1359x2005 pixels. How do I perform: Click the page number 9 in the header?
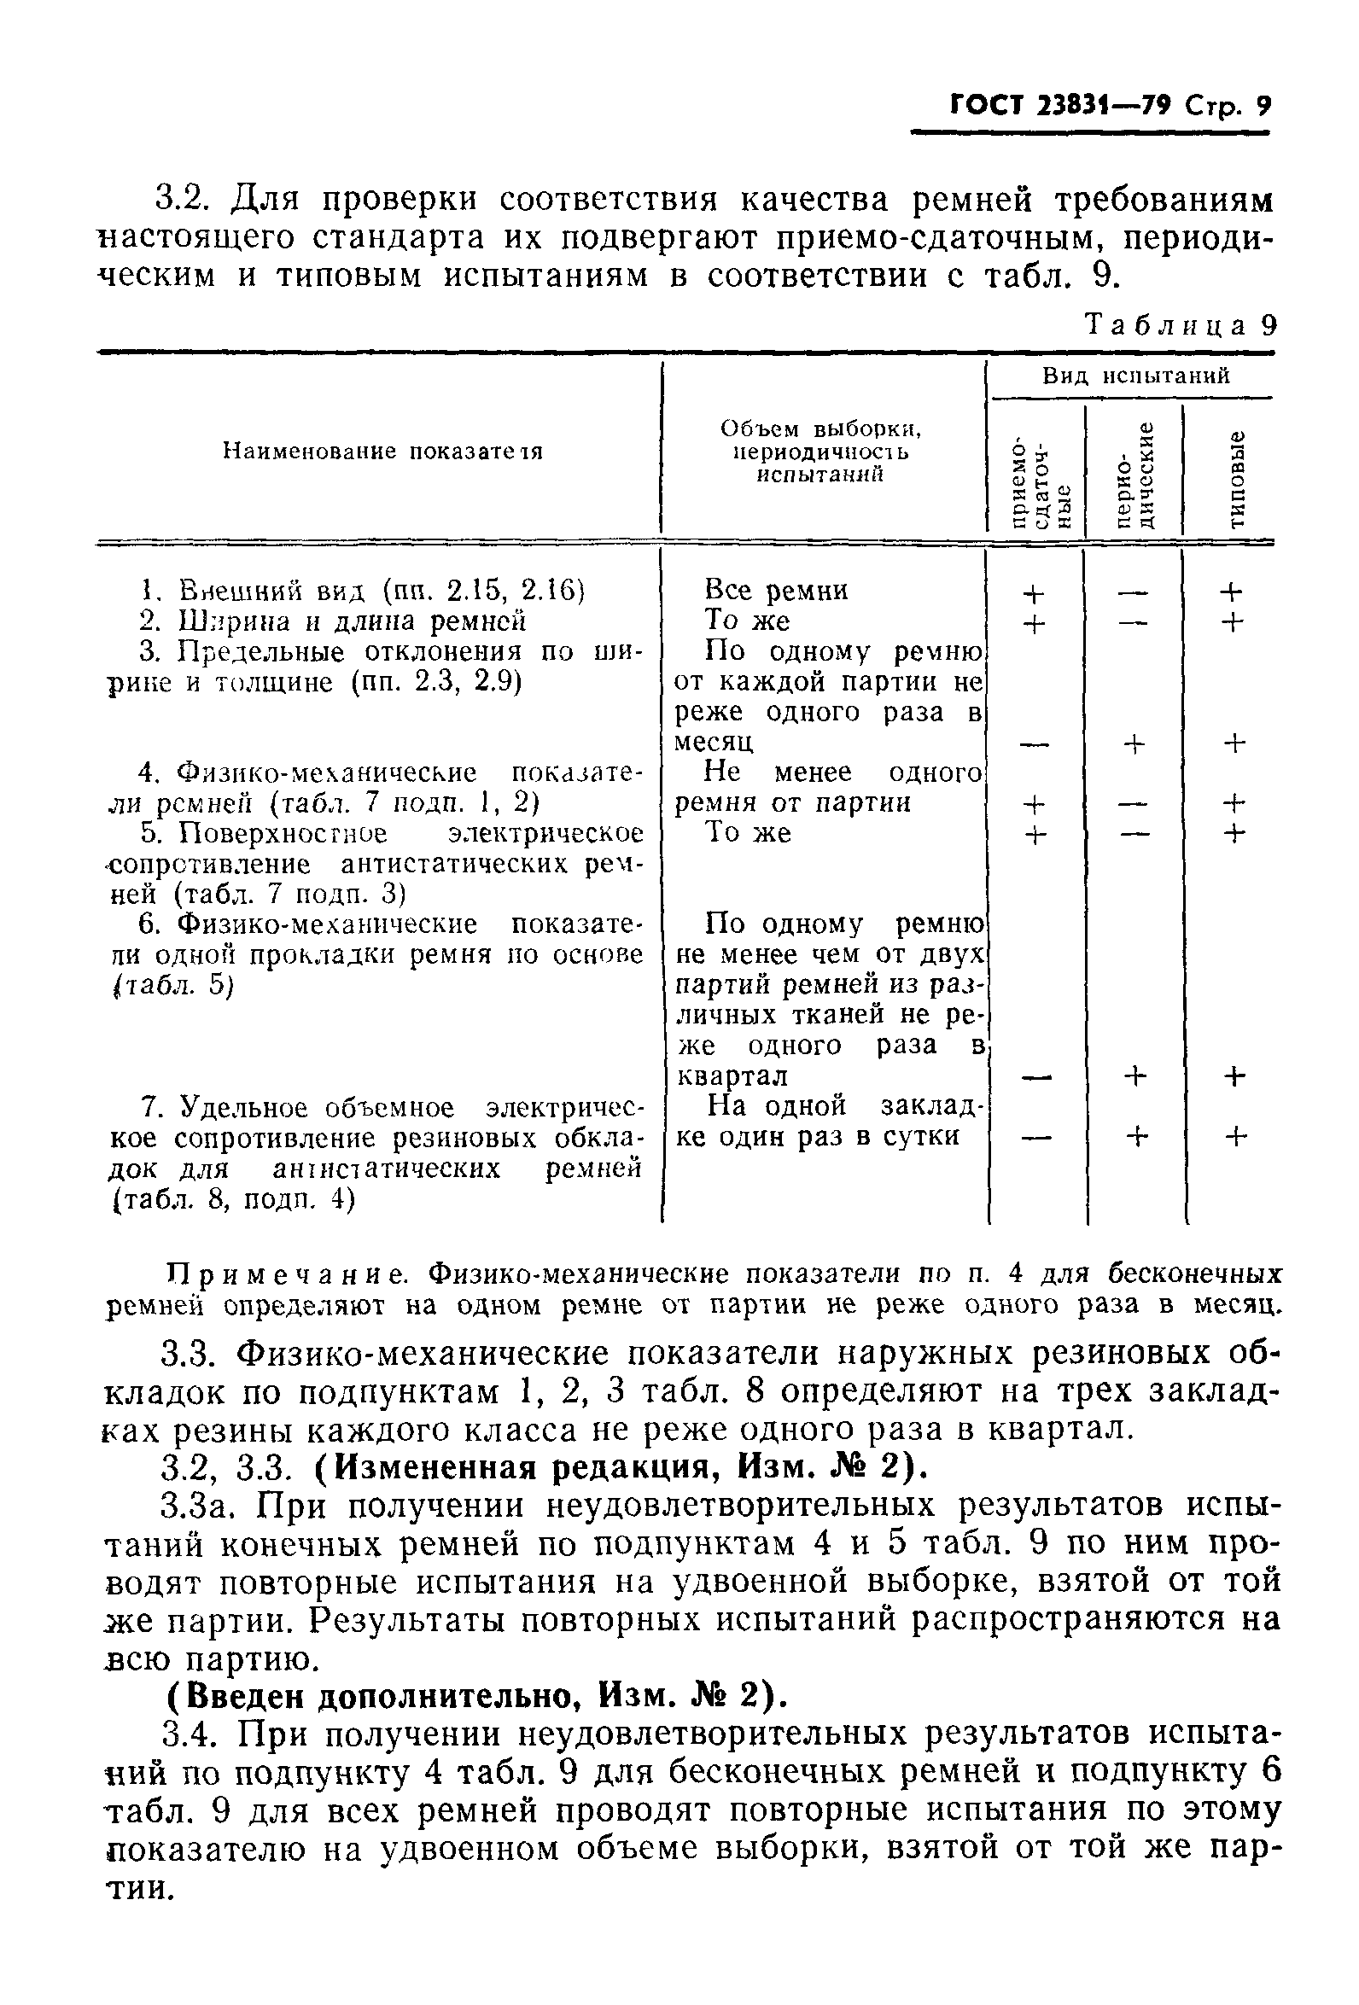(x=1263, y=107)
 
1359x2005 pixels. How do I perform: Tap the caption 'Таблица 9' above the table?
(x=1179, y=326)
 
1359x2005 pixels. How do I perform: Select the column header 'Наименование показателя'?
(x=382, y=452)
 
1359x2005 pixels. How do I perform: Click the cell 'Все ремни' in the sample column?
(x=776, y=590)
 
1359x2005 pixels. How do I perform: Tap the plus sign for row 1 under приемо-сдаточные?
(x=1033, y=593)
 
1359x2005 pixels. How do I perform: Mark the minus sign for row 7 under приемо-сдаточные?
(x=1033, y=1138)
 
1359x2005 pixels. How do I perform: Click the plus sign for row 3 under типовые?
(x=1235, y=743)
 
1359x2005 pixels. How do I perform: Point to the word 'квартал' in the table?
(x=731, y=1076)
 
